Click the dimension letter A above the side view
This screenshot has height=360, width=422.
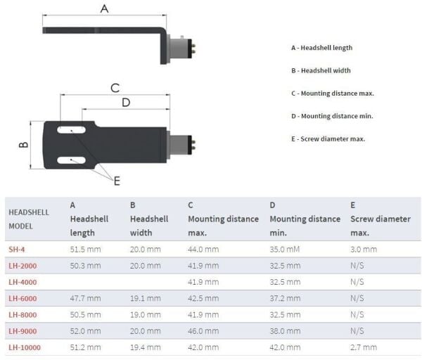coord(104,8)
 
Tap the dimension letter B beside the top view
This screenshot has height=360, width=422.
coord(24,144)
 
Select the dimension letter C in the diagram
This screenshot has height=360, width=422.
coord(115,88)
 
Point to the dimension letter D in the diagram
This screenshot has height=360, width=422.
coord(126,103)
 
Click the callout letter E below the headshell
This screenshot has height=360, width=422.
coord(117,181)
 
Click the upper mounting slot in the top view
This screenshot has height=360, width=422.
coord(71,130)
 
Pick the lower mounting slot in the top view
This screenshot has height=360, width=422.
coord(71,160)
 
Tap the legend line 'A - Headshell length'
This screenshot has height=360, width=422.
coord(321,48)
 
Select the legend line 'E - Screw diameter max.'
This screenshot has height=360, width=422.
coord(328,139)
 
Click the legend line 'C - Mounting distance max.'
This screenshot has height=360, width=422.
coord(333,94)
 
